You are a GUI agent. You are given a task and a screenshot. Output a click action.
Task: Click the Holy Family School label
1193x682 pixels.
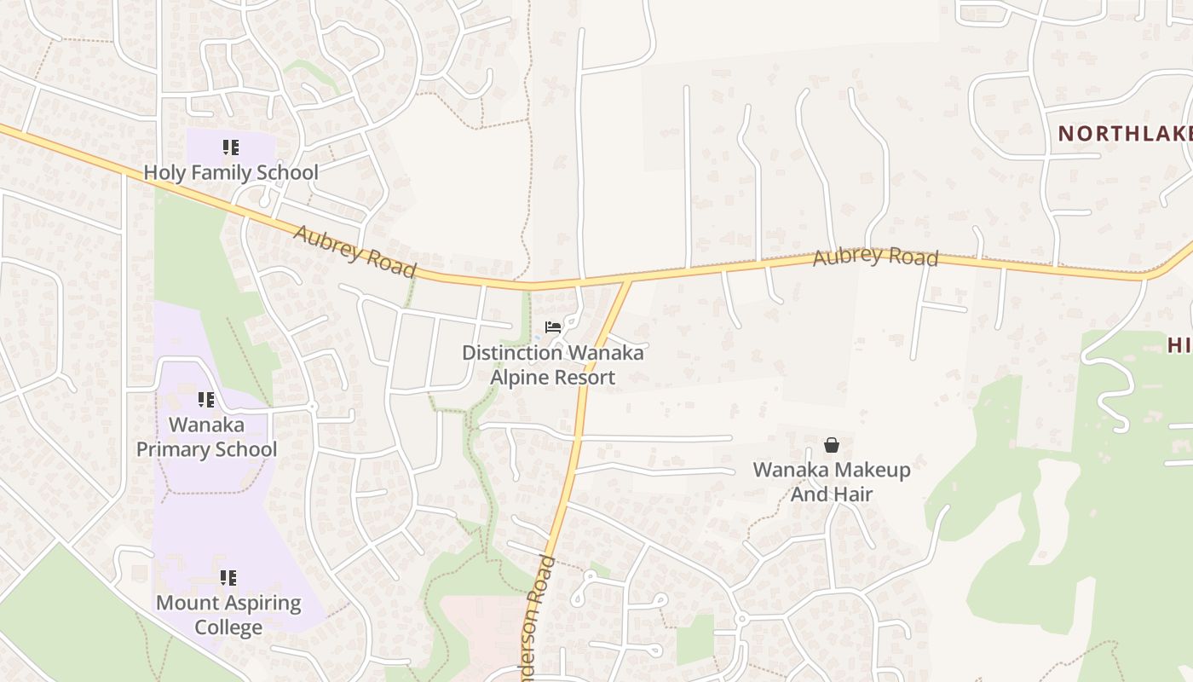230,173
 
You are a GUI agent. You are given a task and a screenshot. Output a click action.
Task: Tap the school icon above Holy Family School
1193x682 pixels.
230,148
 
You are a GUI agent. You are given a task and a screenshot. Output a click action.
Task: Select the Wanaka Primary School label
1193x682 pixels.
207,436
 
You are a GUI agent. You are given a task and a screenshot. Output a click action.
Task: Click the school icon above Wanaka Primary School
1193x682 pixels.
205,400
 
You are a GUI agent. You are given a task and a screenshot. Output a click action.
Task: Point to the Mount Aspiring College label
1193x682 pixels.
228,616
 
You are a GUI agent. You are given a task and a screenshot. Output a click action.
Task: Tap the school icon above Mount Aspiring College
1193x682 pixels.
228,579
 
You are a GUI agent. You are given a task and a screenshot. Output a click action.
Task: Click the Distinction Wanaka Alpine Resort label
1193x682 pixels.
552,365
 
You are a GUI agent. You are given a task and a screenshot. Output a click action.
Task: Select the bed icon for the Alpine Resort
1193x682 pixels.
553,327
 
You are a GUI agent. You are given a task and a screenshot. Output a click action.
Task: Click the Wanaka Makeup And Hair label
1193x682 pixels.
832,482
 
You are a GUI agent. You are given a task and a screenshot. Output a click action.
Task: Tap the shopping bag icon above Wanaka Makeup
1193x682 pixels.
832,445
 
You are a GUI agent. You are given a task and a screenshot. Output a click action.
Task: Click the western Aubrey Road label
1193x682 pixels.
354,251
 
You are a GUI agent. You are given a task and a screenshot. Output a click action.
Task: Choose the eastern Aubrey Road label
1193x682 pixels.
875,257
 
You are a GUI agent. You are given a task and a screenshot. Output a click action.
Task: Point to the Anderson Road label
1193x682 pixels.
535,618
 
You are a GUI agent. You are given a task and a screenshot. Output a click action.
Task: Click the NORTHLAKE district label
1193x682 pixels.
1125,134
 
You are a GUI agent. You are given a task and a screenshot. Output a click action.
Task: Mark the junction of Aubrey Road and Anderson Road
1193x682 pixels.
629,280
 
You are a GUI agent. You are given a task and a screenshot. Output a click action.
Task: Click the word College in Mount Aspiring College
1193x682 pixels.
228,628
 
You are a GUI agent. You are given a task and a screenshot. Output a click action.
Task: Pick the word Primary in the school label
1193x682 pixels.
235,449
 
